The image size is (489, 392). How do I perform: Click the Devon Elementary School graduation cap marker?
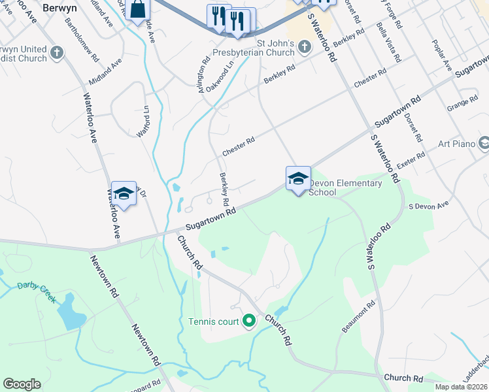(298, 178)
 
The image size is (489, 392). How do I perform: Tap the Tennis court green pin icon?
(248, 321)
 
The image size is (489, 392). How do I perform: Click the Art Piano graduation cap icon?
(484, 143)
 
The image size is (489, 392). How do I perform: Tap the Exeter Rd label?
(411, 161)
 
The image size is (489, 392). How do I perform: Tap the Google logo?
(22, 384)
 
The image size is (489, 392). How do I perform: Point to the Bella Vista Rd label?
(386, 41)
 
